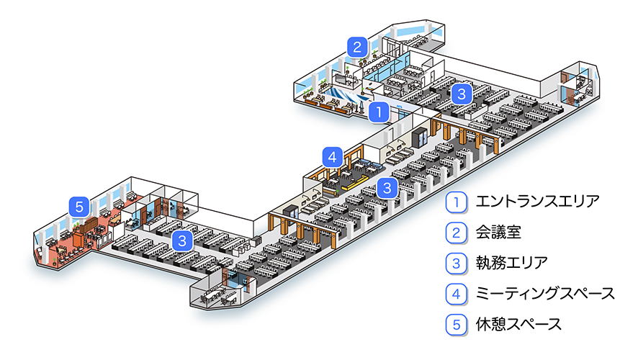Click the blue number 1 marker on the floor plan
point(379,112)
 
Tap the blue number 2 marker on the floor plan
point(356,48)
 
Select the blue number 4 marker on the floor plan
point(331,156)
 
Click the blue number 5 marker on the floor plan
point(79,207)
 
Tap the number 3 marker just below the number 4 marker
point(387,189)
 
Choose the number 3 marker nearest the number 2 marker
point(462,93)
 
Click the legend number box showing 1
point(456,202)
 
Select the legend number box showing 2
point(456,232)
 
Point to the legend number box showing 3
point(456,263)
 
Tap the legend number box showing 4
point(456,293)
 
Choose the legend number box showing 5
point(456,324)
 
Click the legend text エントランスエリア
point(536,202)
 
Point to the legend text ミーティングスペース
point(545,293)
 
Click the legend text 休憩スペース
point(518,324)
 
